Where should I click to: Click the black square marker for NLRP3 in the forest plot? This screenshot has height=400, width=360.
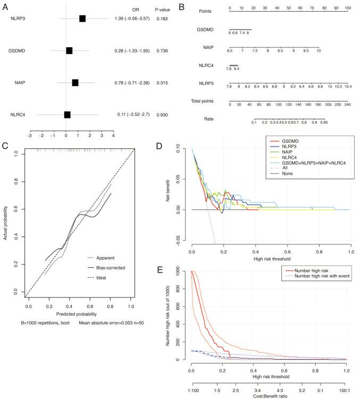click(82, 19)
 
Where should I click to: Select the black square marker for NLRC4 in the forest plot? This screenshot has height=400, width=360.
click(67, 114)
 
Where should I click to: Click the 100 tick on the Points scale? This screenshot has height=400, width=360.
click(348, 8)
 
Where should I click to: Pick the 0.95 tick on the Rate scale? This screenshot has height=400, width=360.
click(323, 123)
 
